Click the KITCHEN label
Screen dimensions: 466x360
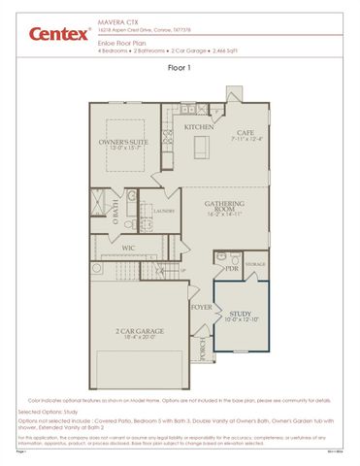[x=200, y=127]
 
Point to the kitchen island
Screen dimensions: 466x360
[x=202, y=147]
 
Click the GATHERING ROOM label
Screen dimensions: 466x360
[x=223, y=207]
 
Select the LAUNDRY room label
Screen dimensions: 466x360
[x=162, y=209]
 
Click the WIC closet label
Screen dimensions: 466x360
[x=127, y=249]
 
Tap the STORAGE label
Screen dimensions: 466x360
[x=255, y=262]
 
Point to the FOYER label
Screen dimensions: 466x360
[x=201, y=308]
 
